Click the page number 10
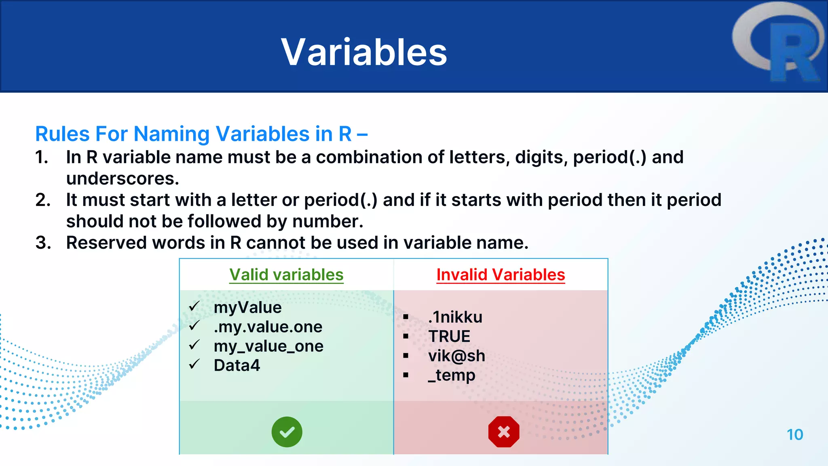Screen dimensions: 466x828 pyautogui.click(x=794, y=435)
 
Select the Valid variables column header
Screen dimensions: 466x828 pyautogui.click(x=286, y=275)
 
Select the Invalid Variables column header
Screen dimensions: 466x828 pyautogui.click(x=501, y=275)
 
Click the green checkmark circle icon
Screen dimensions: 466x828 pyautogui.click(x=287, y=432)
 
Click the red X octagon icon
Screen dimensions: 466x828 pyautogui.click(x=503, y=432)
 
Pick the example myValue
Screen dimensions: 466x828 pyautogui.click(x=247, y=307)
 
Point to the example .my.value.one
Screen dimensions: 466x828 pyautogui.click(x=268, y=327)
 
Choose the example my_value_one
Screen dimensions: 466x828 pyautogui.click(x=268, y=346)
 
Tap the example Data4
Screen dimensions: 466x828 pyautogui.click(x=237, y=366)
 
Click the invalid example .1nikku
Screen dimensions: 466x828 pyautogui.click(x=455, y=317)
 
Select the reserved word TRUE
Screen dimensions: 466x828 pyautogui.click(x=449, y=337)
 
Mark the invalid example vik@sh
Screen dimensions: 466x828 pyautogui.click(x=456, y=356)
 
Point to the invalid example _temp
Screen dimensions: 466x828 pyautogui.click(x=452, y=375)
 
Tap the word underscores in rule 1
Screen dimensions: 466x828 pyautogui.click(x=122, y=178)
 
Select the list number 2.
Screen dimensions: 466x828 pyautogui.click(x=42, y=200)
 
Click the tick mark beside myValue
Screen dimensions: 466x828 pyautogui.click(x=194, y=307)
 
